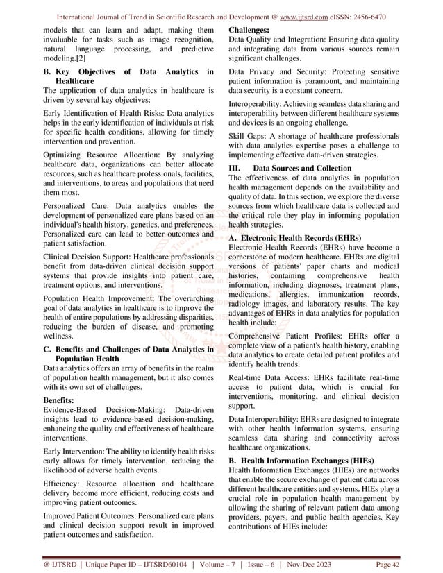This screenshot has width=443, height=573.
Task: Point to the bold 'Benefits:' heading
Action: point(61,400)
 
